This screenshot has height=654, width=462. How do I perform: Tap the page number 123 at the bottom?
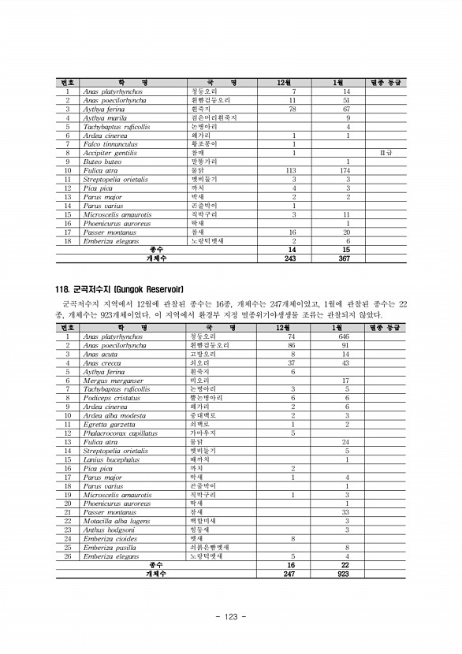[x=231, y=616]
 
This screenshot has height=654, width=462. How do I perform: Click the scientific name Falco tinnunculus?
[x=110, y=144]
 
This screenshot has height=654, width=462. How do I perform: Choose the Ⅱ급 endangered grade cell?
[x=386, y=153]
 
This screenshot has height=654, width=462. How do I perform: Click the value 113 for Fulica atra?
[x=293, y=170]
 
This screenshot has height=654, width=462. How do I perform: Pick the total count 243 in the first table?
[x=293, y=258]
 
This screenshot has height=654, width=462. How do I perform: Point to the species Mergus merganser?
[x=109, y=380]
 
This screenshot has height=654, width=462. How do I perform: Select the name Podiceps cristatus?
[x=110, y=398]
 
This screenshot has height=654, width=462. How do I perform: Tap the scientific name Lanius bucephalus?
[x=110, y=459]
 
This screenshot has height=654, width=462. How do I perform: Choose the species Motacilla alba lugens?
[x=115, y=521]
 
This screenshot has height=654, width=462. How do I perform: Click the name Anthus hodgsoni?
[x=108, y=530]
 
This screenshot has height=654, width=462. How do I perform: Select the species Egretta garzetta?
[x=108, y=424]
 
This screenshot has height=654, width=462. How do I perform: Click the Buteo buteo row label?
[x=102, y=162]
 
